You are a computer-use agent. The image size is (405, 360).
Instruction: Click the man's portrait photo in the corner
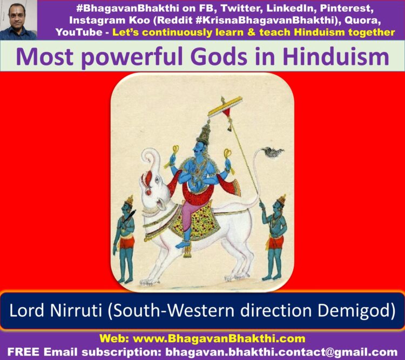pos(18,20)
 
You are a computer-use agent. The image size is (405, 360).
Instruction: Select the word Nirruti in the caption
pos(76,310)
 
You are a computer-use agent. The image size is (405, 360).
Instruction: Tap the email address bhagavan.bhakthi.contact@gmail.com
pos(281,352)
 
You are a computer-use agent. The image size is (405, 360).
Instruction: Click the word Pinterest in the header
pos(347,9)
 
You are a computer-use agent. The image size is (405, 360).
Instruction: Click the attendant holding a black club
pos(125,239)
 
